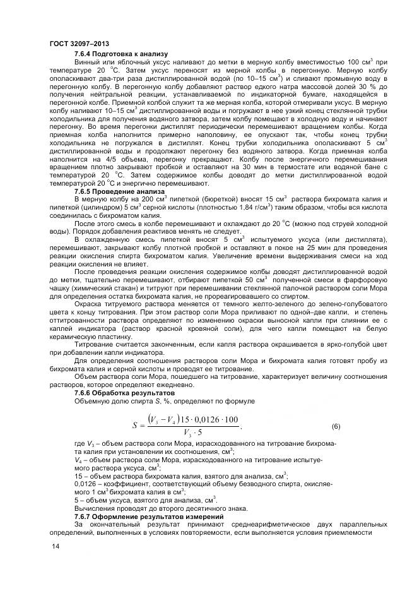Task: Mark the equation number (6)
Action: [x=336, y=426]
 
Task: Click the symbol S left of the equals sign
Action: [x=135, y=426]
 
